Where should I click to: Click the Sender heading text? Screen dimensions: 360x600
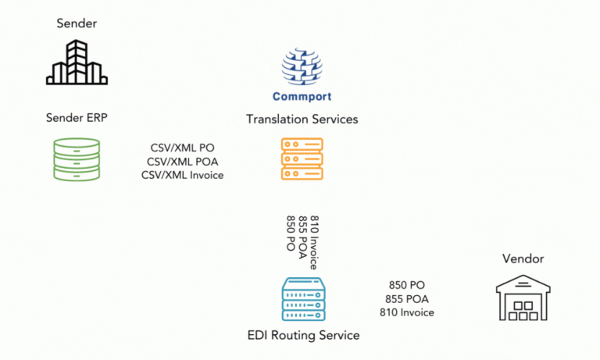click(x=76, y=23)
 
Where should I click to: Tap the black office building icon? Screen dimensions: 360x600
click(x=76, y=62)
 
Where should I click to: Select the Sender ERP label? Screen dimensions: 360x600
click(x=76, y=118)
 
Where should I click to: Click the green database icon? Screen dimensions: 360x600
click(x=76, y=160)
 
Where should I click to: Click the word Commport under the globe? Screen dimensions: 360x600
click(x=302, y=97)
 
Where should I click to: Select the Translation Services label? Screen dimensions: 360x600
click(x=302, y=119)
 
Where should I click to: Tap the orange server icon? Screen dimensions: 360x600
click(x=302, y=159)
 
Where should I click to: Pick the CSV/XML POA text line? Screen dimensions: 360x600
click(x=181, y=161)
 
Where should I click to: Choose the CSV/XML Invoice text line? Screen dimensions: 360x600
click(x=182, y=175)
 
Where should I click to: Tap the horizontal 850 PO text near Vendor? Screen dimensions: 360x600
click(x=406, y=285)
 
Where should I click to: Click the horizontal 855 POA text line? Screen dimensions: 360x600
click(x=406, y=299)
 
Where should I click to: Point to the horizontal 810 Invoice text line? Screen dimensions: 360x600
click(x=406, y=312)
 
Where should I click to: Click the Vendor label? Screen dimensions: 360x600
click(x=523, y=258)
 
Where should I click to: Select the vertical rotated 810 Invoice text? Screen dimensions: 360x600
click(x=314, y=242)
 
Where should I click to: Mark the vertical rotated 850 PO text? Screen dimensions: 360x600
click(x=291, y=233)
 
